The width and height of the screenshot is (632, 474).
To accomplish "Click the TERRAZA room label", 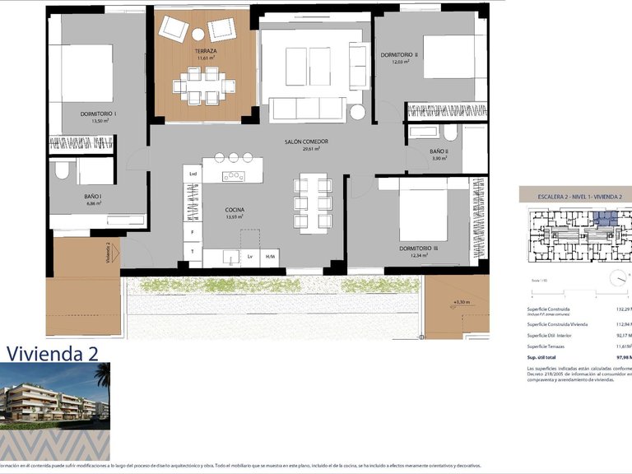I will (x=205, y=51).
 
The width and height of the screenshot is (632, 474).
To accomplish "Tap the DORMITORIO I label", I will (x=98, y=113).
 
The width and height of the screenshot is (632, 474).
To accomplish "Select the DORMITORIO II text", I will (x=399, y=54).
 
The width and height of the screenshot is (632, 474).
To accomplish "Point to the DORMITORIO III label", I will (x=418, y=248).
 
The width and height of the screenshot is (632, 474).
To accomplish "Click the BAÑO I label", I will (x=93, y=196).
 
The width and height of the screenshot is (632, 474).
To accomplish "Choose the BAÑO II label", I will (x=439, y=151).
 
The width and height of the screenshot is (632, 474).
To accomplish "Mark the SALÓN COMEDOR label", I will (x=306, y=142).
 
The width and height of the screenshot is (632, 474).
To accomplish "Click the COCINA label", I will (x=234, y=210).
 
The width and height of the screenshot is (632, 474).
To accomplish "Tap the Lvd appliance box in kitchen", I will (x=193, y=174).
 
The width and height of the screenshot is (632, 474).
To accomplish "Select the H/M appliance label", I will (x=270, y=257).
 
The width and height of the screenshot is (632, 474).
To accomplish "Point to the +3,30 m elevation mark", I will (x=460, y=303).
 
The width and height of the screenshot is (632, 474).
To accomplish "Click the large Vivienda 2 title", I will (x=53, y=353).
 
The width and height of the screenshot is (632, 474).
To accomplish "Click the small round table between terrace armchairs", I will (x=198, y=34).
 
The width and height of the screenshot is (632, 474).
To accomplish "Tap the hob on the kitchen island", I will (x=233, y=175).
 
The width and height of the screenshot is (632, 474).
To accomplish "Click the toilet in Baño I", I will (x=62, y=170).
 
